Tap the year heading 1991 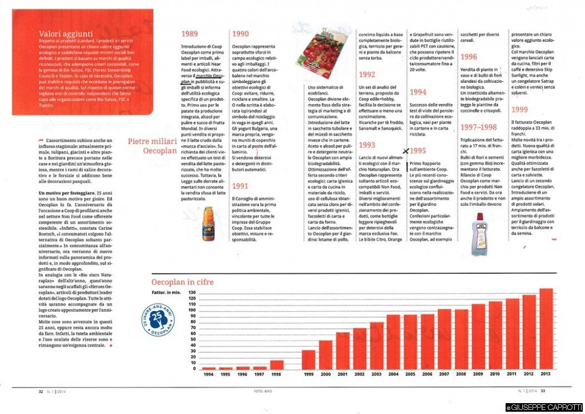241,185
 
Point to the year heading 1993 367,145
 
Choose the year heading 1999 520,109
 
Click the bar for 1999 308,359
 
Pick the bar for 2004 394,341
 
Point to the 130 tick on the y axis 192,292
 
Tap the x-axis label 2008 461,375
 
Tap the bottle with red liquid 480,233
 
